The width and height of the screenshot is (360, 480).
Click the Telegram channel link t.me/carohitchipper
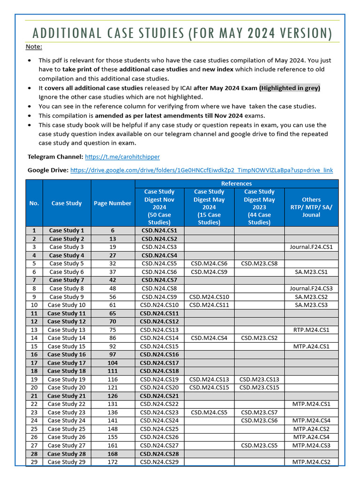tap(122, 157)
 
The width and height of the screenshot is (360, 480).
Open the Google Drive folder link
tap(202, 170)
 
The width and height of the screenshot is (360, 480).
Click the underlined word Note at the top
tap(33, 46)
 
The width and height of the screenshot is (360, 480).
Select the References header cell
tap(236, 183)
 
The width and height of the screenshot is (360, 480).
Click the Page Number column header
tap(112, 203)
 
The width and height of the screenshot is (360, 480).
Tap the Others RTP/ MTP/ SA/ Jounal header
tap(311, 207)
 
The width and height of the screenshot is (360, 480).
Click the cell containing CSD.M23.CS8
tap(259, 263)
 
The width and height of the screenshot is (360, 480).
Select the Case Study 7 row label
tap(67, 280)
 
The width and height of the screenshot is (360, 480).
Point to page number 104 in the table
tap(112, 363)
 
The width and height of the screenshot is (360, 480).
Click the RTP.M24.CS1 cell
tap(311, 330)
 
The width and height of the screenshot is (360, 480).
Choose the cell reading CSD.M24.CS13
tap(209, 379)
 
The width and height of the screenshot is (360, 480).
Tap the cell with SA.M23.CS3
tap(311, 305)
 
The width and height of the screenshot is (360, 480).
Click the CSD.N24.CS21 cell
tap(159, 396)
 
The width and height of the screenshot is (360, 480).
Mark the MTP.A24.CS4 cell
tap(311, 437)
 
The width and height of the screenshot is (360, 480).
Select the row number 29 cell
tap(34, 462)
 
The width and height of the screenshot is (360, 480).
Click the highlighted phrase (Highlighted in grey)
tap(290, 88)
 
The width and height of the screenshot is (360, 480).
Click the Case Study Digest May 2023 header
tap(259, 207)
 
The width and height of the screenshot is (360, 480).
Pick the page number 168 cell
tap(112, 454)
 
